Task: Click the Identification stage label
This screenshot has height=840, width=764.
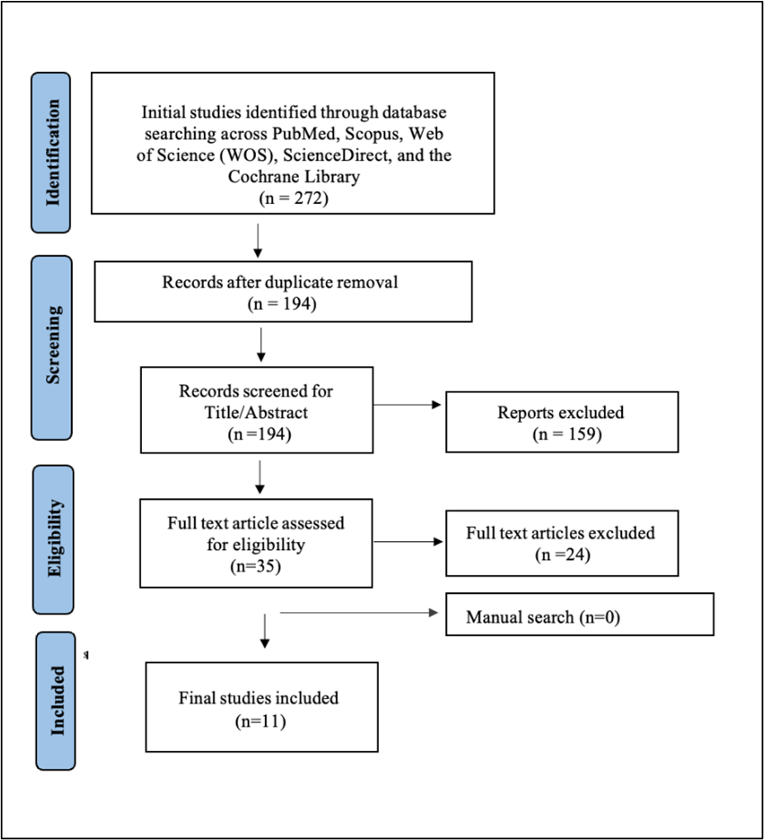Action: click(53, 153)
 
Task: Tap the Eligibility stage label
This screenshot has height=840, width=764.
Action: click(53, 539)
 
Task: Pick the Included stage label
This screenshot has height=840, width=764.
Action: click(55, 700)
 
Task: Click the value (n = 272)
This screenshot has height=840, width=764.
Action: click(292, 198)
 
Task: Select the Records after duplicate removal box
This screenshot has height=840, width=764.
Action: click(282, 292)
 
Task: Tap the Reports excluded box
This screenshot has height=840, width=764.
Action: click(562, 422)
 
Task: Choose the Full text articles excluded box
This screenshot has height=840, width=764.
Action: click(562, 543)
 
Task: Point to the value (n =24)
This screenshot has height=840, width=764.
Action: click(562, 554)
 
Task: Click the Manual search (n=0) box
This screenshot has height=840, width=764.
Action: click(579, 615)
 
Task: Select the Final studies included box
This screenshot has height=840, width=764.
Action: click(261, 706)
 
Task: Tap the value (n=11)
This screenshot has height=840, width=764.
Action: click(259, 720)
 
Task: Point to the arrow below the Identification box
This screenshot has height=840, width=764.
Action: click(259, 239)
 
